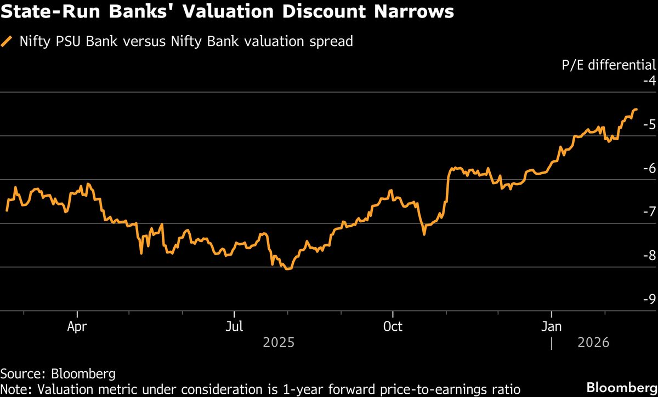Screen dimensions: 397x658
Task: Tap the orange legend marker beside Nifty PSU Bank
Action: tap(7, 41)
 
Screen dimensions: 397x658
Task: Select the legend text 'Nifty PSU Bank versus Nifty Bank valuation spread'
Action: tap(186, 41)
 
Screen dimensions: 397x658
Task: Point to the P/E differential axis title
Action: tap(609, 65)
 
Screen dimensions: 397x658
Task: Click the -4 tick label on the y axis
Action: tap(649, 80)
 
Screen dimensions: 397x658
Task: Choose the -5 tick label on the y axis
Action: tap(649, 124)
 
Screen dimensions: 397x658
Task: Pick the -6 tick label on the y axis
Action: tap(649, 168)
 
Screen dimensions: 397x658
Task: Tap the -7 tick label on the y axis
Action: tap(649, 211)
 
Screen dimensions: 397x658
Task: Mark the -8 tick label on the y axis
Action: tap(649, 255)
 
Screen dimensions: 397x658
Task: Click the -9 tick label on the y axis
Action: tap(649, 299)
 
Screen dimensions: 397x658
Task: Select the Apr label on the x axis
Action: tap(77, 327)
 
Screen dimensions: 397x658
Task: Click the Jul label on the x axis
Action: tap(234, 327)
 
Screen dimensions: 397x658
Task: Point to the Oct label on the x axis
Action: tap(393, 327)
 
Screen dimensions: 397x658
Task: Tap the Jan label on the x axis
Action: tap(551, 327)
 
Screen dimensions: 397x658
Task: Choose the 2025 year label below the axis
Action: tap(279, 343)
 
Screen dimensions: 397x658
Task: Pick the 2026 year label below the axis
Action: tap(594, 343)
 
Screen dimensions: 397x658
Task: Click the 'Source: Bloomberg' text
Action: tap(58, 375)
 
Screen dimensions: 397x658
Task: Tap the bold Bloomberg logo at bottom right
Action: tap(621, 387)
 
